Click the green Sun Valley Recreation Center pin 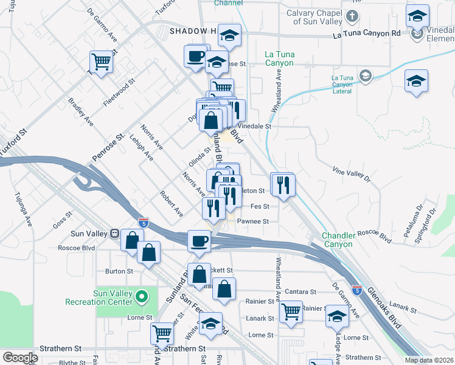click(142, 297)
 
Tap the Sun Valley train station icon click(113, 234)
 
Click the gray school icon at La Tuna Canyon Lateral click(365, 76)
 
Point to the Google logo click(20, 358)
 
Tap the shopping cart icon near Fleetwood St click(101, 61)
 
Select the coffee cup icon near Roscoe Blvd click(198, 240)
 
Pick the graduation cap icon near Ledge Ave click(337, 315)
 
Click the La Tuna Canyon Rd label click(367, 35)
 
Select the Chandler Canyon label click(338, 240)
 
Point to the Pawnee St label click(252, 222)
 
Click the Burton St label click(119, 271)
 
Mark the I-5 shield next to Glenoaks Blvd click(356, 291)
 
